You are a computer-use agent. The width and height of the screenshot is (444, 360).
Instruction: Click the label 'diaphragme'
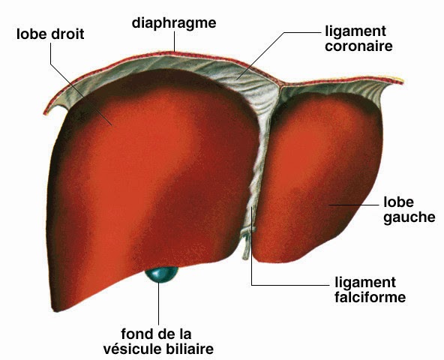[x=174, y=23]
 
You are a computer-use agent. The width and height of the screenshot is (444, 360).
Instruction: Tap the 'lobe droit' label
[x=50, y=34]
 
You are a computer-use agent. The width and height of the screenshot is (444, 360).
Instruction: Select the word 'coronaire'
[x=358, y=46]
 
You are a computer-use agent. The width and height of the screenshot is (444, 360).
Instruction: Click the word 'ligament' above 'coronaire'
[x=355, y=31]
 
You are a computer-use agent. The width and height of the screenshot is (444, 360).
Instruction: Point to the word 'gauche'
[x=409, y=217]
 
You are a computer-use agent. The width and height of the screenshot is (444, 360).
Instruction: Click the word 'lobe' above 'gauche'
[x=398, y=202]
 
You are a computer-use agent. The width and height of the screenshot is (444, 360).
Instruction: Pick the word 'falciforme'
[x=370, y=298]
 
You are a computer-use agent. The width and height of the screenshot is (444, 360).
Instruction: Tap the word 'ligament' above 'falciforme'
[x=365, y=283]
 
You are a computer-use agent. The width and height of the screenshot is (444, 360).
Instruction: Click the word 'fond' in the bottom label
[x=135, y=334]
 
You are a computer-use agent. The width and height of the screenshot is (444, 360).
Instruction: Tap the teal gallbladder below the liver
[x=162, y=274]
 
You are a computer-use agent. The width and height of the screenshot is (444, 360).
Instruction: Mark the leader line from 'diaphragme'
[x=174, y=41]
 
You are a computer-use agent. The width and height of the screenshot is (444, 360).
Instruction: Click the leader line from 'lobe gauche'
[x=354, y=205]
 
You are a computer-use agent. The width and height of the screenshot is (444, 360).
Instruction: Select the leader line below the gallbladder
[x=158, y=303]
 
